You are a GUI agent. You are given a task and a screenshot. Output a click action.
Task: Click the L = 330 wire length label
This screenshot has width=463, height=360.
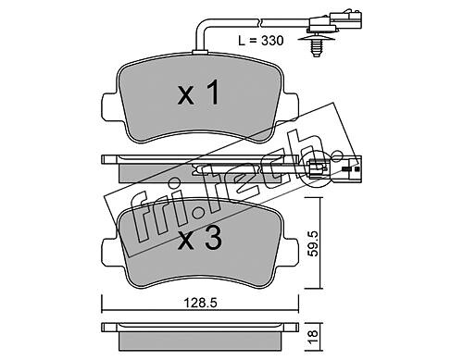click(x=261, y=41)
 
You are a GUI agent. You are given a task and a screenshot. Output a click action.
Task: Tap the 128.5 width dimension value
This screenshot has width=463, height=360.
click(x=201, y=303)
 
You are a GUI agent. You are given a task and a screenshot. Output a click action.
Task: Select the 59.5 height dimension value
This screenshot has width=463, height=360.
click(x=313, y=243)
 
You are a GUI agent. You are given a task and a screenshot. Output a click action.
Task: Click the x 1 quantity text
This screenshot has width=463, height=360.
click(x=199, y=93)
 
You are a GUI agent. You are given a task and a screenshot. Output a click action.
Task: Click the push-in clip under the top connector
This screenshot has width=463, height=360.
click(x=315, y=45)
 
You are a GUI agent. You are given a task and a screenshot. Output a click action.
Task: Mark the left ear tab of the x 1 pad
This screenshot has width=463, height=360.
click(x=107, y=108)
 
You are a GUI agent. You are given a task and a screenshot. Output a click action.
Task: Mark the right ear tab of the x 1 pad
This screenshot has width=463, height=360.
click(x=291, y=108)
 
